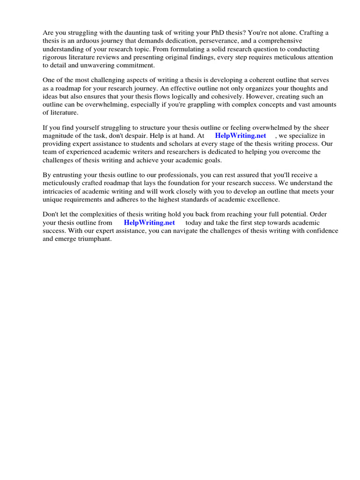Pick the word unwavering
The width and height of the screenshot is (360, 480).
click(x=99, y=65)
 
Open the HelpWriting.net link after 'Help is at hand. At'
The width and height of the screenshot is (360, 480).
click(x=240, y=136)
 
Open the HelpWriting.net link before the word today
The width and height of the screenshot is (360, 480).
click(x=149, y=223)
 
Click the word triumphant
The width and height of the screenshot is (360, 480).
click(x=96, y=239)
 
